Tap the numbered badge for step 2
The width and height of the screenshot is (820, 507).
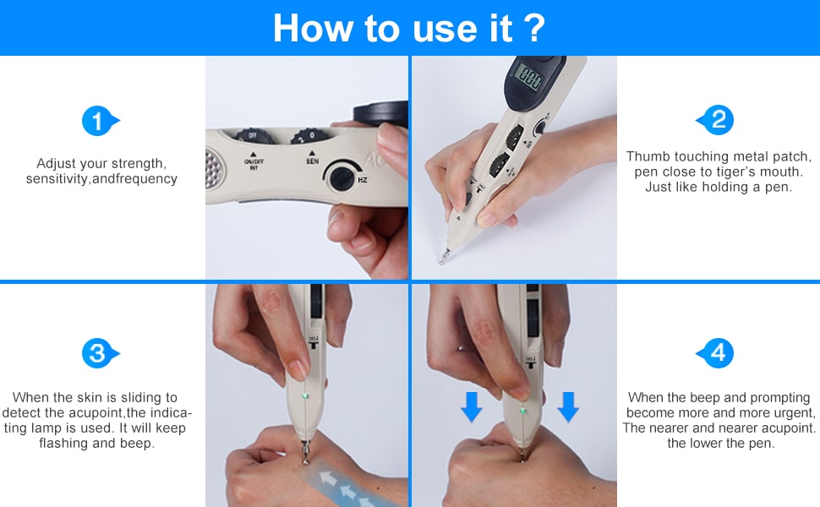716,120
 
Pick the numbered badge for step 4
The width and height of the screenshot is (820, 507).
716,353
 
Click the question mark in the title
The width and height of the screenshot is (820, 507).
534,28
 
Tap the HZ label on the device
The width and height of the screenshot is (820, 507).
363,180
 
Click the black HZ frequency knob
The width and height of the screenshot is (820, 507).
342,177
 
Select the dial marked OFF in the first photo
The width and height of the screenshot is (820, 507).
254,136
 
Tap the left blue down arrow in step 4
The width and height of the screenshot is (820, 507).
472,406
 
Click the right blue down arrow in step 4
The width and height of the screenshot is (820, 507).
568,406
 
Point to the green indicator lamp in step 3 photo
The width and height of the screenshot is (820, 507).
305,396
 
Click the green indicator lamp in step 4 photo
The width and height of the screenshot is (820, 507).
522,412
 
